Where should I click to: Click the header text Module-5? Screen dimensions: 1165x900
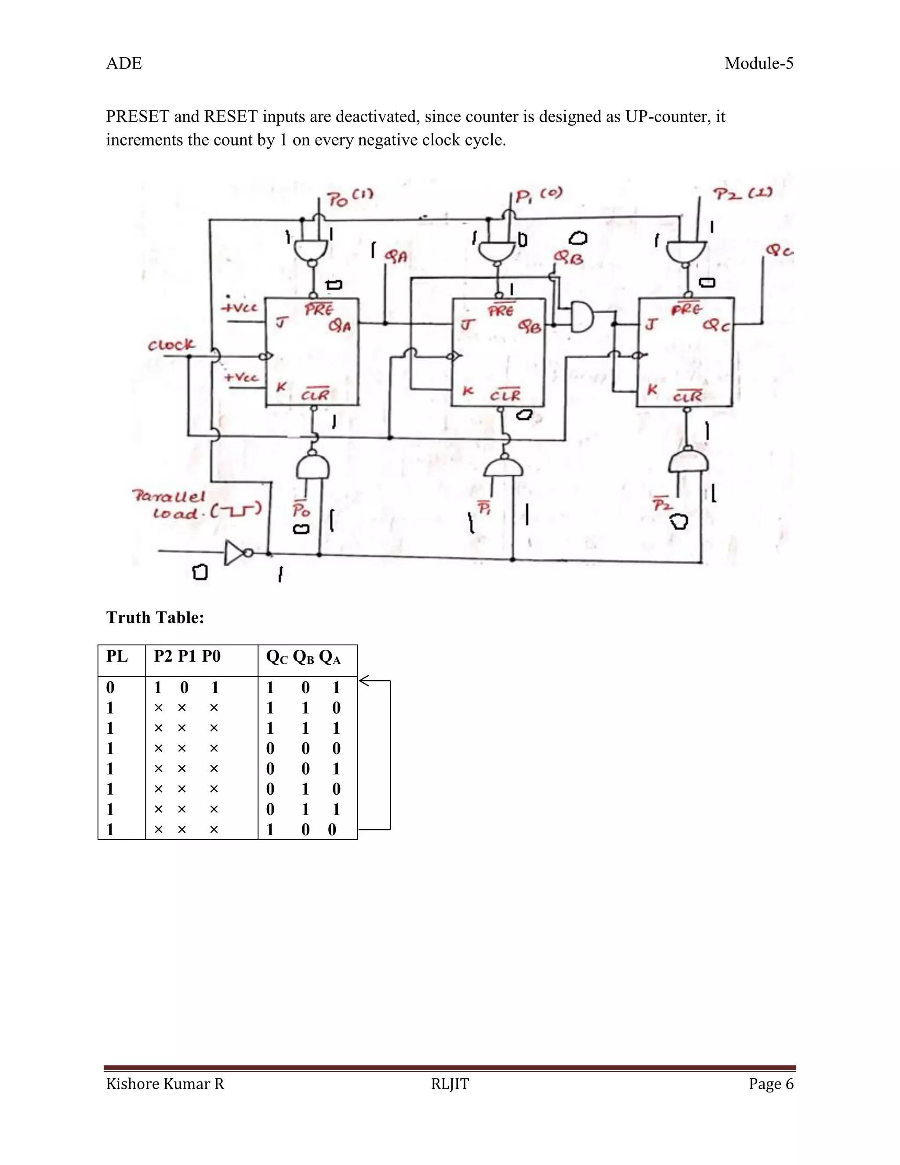[758, 63]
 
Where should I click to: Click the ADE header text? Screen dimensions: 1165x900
[123, 63]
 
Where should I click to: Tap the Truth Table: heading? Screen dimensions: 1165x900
[155, 617]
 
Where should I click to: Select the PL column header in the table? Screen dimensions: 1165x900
[117, 656]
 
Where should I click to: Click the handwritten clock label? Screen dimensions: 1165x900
[171, 345]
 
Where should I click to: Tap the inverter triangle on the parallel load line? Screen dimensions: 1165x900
[235, 553]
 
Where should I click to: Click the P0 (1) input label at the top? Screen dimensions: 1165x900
[350, 198]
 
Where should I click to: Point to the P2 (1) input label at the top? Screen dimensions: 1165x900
[743, 194]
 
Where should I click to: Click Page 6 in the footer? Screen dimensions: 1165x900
[770, 1084]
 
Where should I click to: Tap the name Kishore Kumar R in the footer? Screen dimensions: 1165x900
[165, 1084]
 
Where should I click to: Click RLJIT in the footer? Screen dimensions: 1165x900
[450, 1084]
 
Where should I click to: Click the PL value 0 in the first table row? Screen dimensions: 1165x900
[110, 688]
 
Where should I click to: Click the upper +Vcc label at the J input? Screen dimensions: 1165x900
[240, 308]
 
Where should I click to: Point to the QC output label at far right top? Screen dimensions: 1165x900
[779, 250]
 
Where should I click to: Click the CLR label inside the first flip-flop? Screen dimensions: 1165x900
[315, 395]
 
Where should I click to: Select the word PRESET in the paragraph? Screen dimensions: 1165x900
[138, 116]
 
